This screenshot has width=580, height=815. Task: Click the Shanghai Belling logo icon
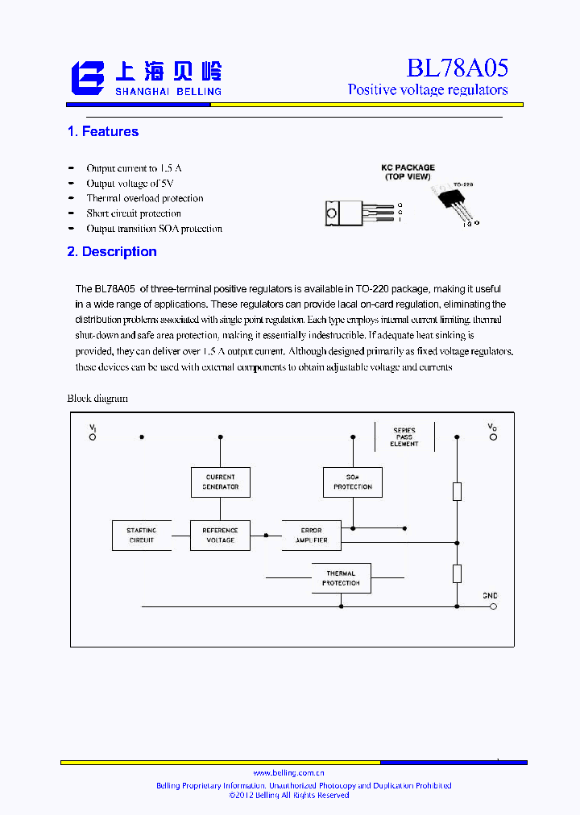click(x=88, y=78)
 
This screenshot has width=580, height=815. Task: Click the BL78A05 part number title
click(x=457, y=68)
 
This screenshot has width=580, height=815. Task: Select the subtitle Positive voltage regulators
click(x=428, y=89)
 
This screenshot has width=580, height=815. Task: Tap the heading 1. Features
click(x=103, y=131)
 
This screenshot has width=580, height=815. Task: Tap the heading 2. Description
click(x=112, y=251)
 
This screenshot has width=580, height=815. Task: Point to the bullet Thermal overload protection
click(x=145, y=198)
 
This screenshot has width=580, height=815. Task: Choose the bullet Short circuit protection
click(x=134, y=213)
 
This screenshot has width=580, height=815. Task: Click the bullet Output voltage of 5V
click(x=130, y=184)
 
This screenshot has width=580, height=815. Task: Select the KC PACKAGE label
click(x=408, y=168)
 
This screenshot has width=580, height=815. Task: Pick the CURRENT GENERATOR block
click(x=220, y=482)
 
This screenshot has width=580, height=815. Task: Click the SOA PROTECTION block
click(x=352, y=482)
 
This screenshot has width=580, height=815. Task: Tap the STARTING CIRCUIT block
click(x=142, y=535)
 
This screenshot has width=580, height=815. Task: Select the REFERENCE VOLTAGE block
click(x=220, y=535)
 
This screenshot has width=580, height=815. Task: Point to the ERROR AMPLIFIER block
click(x=311, y=535)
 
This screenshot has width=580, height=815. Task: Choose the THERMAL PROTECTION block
click(x=341, y=578)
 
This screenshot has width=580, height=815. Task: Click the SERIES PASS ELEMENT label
click(x=404, y=437)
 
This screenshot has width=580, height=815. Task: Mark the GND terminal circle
click(x=492, y=606)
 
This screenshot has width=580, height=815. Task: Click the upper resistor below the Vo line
click(x=457, y=491)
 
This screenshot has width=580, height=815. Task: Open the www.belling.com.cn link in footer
click(x=289, y=772)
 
